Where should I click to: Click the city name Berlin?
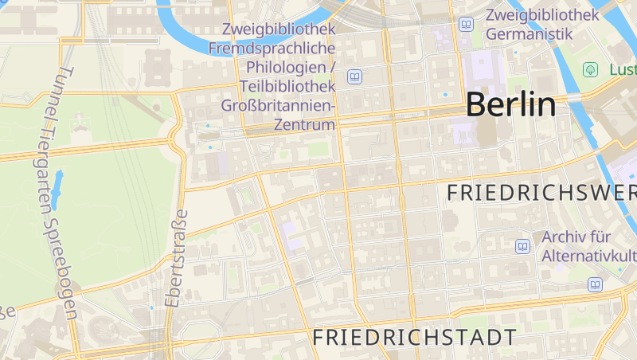510,104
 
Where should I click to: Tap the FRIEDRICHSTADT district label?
415,337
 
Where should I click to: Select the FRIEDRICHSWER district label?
541,193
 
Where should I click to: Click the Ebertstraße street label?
176,258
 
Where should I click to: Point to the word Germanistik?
530,34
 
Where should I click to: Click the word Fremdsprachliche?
272,48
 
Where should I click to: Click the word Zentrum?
303,125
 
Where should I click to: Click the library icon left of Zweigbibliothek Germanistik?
466,25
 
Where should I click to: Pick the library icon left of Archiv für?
522,246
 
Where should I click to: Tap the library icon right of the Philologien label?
354,76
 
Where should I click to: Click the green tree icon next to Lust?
590,69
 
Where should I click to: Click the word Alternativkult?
588,256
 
